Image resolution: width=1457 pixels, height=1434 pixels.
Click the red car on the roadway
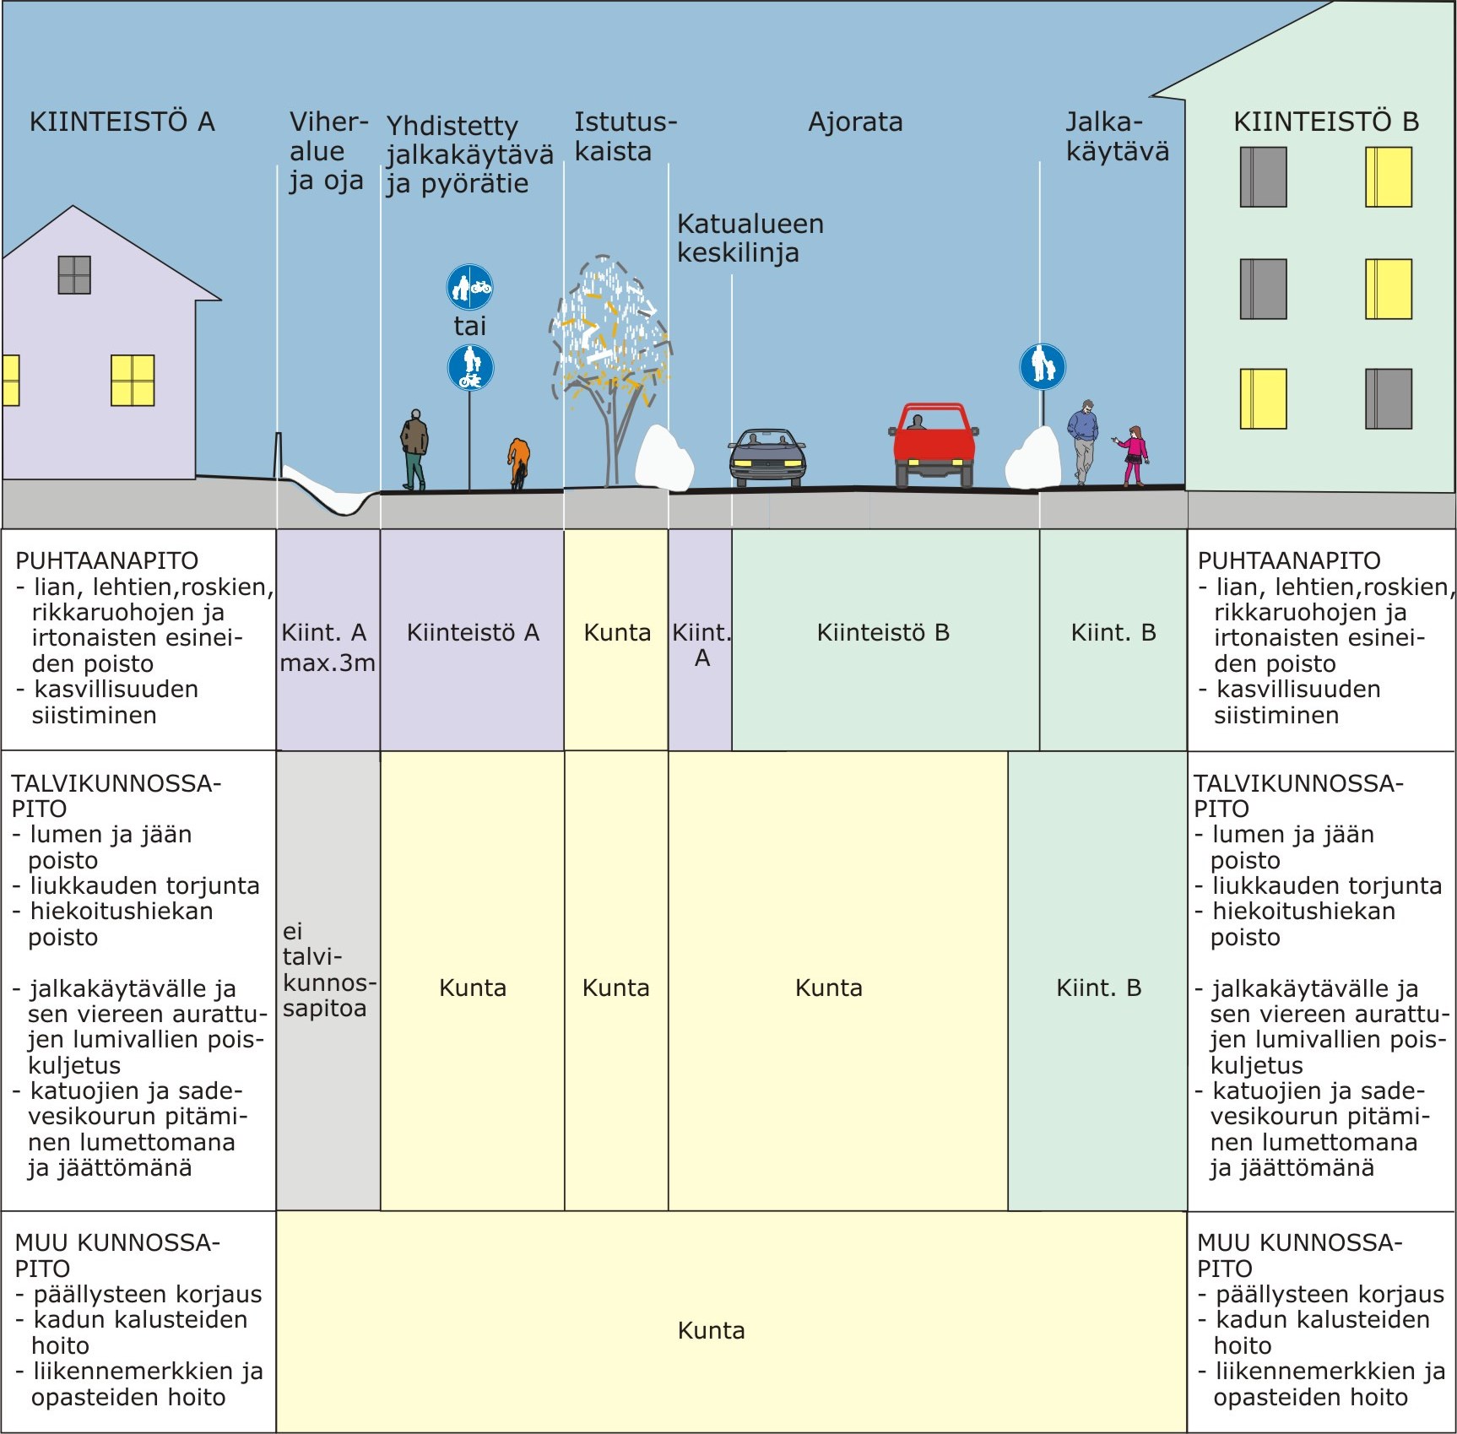[933, 444]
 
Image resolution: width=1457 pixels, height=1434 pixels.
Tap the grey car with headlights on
[766, 458]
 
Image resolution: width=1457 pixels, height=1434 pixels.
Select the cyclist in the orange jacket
[518, 463]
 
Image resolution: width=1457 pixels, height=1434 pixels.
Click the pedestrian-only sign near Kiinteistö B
[1043, 366]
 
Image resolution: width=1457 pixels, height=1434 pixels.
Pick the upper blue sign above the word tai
[469, 287]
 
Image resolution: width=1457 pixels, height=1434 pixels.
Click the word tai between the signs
[469, 326]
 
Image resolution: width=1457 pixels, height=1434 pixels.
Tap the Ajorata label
[855, 122]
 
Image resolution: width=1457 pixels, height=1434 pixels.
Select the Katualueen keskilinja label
[750, 238]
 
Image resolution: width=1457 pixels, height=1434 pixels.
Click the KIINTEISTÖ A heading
[122, 122]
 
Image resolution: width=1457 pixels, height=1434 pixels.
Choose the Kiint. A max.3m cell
[327, 647]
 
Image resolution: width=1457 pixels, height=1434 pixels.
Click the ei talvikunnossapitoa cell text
[327, 970]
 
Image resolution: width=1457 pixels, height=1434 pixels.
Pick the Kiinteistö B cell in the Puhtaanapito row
[883, 632]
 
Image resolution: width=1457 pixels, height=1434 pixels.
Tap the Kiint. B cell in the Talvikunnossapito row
[1098, 988]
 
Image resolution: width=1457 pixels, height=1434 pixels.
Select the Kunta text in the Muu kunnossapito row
[711, 1331]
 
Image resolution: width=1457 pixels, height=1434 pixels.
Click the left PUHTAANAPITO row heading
[107, 560]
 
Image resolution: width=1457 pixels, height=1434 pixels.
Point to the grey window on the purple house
[74, 274]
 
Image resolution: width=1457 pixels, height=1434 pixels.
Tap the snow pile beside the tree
[663, 458]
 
